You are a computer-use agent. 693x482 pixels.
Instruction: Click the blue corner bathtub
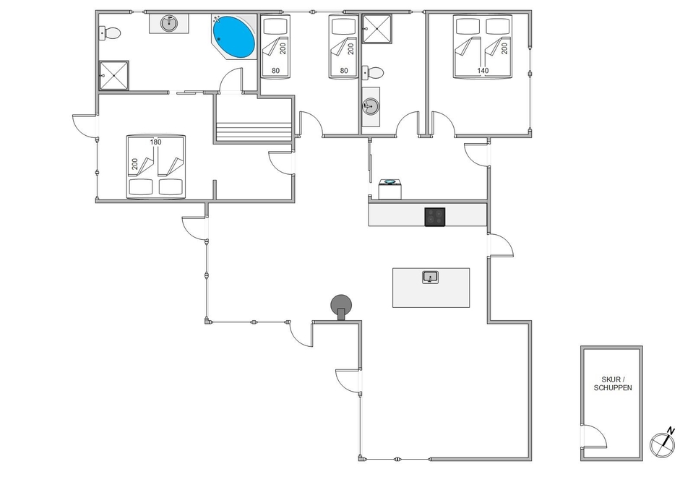pos(234,37)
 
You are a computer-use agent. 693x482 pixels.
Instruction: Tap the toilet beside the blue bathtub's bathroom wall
pos(110,33)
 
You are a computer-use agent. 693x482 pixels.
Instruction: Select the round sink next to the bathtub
pos(169,23)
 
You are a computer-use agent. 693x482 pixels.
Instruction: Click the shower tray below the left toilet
pos(114,76)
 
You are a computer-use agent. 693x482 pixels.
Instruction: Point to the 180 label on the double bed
pos(155,142)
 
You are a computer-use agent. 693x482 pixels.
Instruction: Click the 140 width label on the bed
pos(483,71)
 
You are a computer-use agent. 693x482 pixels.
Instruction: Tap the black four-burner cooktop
pos(435,217)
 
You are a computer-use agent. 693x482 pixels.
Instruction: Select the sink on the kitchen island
pos(431,277)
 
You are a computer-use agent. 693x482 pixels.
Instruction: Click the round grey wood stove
pos(342,306)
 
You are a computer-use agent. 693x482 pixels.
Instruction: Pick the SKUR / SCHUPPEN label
pos(613,384)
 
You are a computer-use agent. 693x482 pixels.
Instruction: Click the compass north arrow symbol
pos(663,443)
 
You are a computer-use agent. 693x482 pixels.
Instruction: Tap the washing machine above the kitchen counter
pos(390,189)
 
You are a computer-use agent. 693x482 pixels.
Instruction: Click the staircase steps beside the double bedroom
pos(254,132)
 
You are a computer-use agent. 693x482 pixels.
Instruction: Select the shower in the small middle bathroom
pos(377,29)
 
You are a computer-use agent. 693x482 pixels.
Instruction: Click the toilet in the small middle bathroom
pos(373,72)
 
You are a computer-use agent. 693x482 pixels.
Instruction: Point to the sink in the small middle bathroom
pos(371,106)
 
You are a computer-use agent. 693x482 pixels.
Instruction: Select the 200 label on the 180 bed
pos(135,164)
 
